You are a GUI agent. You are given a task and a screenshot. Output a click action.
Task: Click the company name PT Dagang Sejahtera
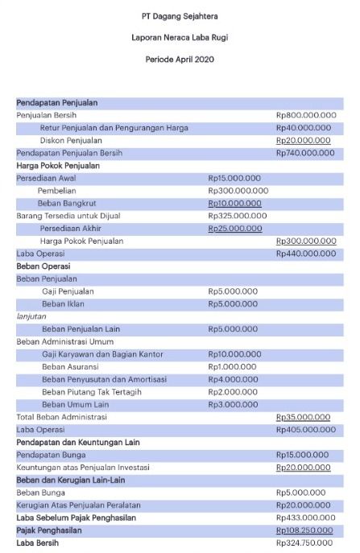(x=180, y=15)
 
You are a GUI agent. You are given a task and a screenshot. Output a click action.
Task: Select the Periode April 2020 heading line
(x=180, y=60)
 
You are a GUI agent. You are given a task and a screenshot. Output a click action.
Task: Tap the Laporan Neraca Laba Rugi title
(x=180, y=38)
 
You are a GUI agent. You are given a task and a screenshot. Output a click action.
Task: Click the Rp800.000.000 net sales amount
(x=306, y=115)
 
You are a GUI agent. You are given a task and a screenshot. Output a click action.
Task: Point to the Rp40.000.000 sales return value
(x=304, y=127)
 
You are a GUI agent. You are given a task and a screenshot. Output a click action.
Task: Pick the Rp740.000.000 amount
(x=305, y=153)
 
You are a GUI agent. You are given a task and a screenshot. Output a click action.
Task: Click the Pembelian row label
(x=56, y=191)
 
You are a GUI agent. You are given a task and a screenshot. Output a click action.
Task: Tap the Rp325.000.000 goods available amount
(x=238, y=216)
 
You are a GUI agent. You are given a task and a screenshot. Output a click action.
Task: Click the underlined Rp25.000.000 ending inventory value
(x=235, y=229)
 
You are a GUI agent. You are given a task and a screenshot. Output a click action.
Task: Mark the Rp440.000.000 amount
(x=306, y=254)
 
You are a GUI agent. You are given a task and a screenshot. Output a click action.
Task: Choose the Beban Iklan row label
(x=65, y=303)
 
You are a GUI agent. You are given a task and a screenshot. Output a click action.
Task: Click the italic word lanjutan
(x=31, y=316)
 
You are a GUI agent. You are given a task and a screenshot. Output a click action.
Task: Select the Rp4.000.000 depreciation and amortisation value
(x=234, y=379)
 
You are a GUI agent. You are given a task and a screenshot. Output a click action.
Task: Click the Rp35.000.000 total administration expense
(x=304, y=417)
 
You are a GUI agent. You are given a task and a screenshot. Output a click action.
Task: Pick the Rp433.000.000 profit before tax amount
(x=306, y=518)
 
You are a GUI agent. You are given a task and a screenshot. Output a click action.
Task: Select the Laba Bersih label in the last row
(x=38, y=543)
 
